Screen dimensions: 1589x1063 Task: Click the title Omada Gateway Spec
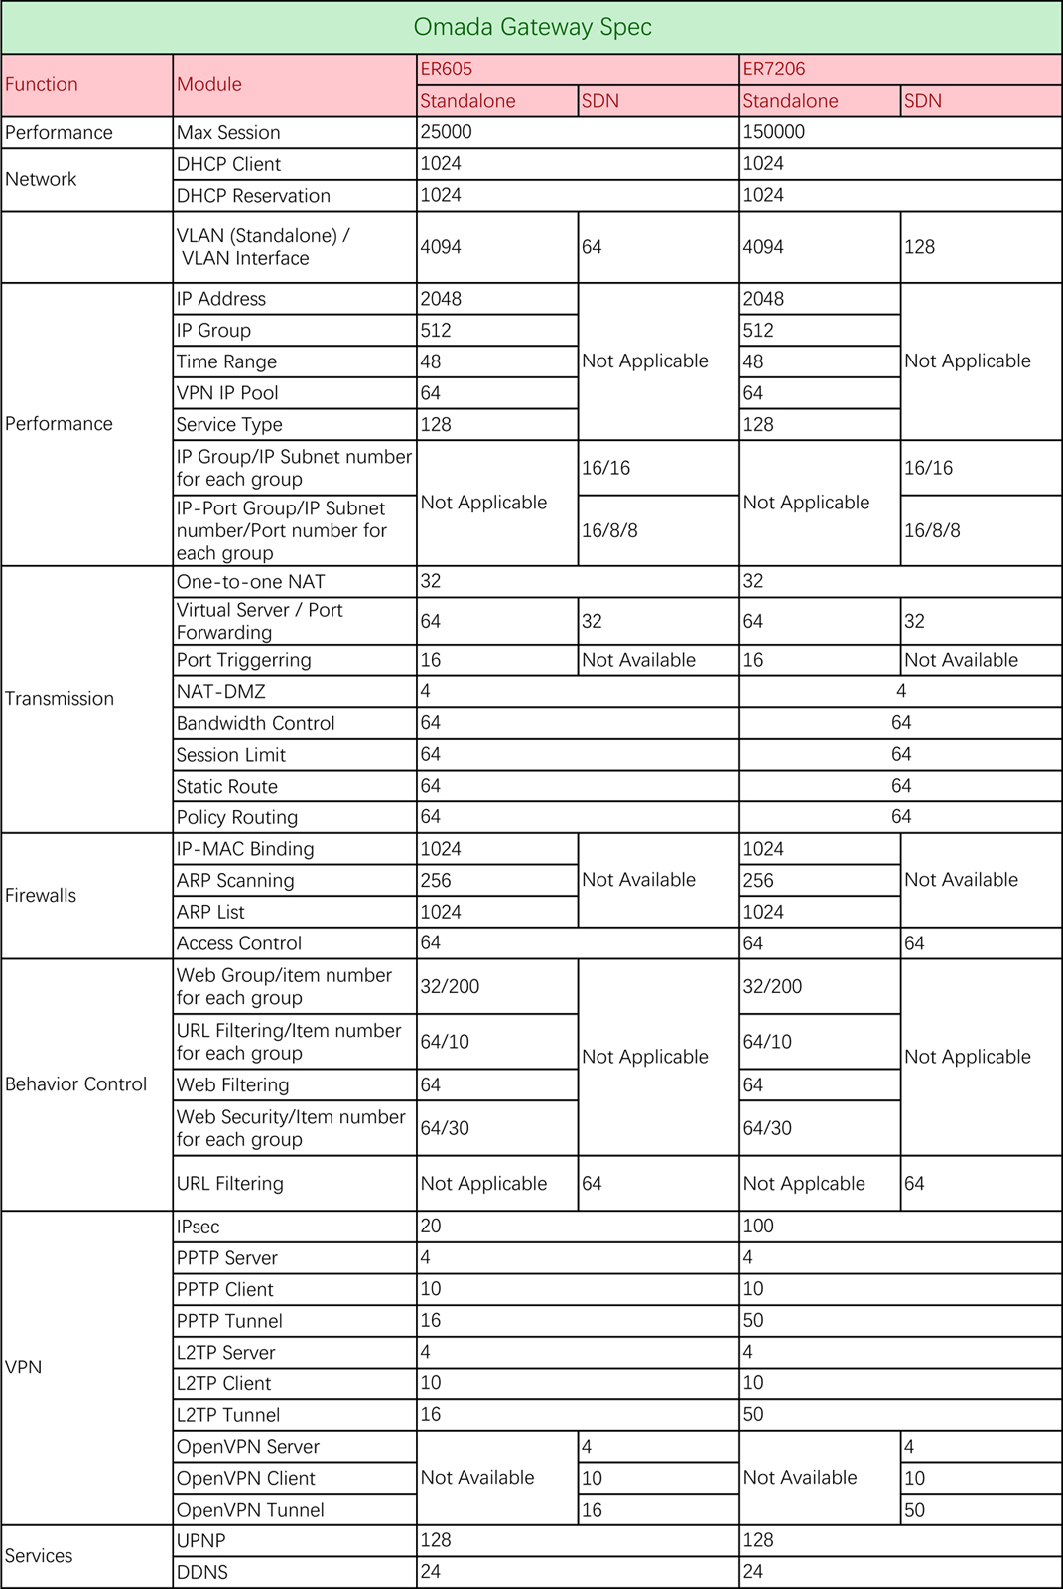pyautogui.click(x=532, y=27)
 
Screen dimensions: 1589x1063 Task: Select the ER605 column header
pyautogui.click(x=447, y=69)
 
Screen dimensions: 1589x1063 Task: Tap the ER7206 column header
pyautogui.click(x=774, y=69)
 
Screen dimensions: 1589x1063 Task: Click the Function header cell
pyautogui.click(x=42, y=84)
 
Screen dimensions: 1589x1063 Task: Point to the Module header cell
pyautogui.click(x=209, y=84)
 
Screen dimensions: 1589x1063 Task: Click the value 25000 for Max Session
pyautogui.click(x=447, y=132)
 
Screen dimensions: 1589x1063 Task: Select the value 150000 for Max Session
pyautogui.click(x=774, y=132)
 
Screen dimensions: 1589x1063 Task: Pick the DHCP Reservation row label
pyautogui.click(x=253, y=196)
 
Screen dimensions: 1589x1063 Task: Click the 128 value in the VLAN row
pyautogui.click(x=919, y=247)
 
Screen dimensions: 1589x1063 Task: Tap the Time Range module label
pyautogui.click(x=226, y=361)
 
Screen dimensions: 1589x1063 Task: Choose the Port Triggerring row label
pyautogui.click(x=243, y=660)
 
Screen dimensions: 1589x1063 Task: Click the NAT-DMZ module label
pyautogui.click(x=221, y=692)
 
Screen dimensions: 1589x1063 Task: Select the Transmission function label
pyautogui.click(x=60, y=699)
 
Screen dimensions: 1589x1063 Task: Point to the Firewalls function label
pyautogui.click(x=41, y=895)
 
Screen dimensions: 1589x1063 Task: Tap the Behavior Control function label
pyautogui.click(x=75, y=1084)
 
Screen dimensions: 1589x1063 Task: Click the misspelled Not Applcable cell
pyautogui.click(x=804, y=1184)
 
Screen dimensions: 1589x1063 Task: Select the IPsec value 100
pyautogui.click(x=758, y=1227)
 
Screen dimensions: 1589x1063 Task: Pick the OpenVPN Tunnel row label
pyautogui.click(x=250, y=1510)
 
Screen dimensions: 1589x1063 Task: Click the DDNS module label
pyautogui.click(x=202, y=1572)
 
